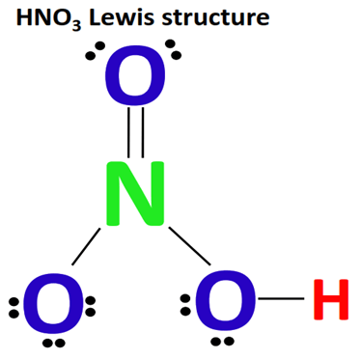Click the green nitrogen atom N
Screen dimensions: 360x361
pos(138,196)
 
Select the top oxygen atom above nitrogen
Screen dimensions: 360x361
pos(134,80)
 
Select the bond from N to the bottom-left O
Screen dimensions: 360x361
pos(85,245)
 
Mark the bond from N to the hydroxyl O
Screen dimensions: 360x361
pos(189,246)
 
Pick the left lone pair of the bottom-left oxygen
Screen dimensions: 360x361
pos(12,306)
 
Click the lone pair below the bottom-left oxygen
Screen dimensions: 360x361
pos(53,343)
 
